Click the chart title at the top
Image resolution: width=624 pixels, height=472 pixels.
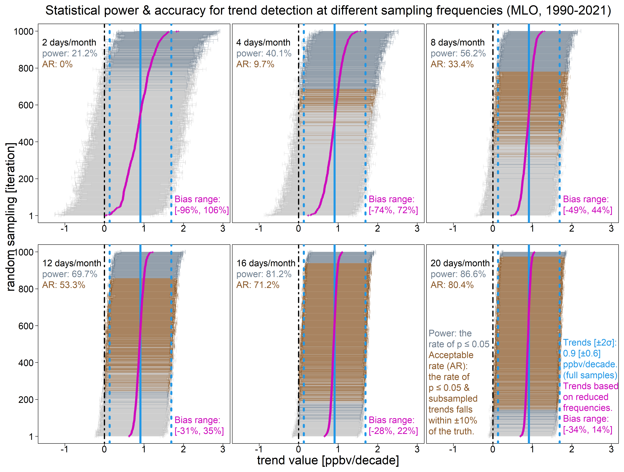328,10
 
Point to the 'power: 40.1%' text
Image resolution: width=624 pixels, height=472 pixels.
264,53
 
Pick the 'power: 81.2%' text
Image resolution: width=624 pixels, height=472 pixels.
264,274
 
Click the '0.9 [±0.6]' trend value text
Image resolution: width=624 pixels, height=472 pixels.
582,353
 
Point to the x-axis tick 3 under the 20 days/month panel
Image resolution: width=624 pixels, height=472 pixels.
611,449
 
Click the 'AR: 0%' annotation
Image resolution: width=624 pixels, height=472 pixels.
57,64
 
